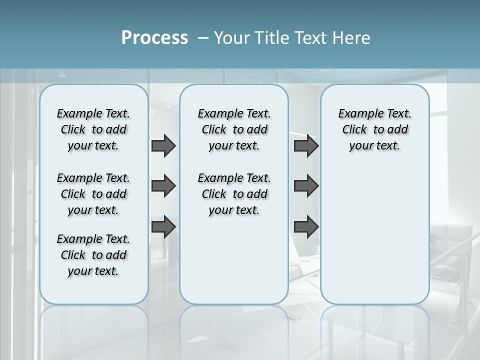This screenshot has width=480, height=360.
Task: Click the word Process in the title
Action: click(154, 37)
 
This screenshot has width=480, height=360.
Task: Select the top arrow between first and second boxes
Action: click(163, 145)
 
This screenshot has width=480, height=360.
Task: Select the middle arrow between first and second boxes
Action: click(163, 186)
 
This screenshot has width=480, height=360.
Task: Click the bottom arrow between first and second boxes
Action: click(163, 227)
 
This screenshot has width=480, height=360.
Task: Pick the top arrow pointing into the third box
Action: click(306, 145)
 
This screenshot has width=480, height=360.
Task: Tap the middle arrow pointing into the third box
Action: click(306, 186)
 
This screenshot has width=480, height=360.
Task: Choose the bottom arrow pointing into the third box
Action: click(306, 227)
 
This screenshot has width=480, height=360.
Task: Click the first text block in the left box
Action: click(93, 129)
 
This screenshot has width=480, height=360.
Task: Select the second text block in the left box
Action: click(93, 194)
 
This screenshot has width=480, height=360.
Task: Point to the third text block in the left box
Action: click(93, 255)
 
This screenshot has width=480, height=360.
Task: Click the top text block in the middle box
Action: click(234, 129)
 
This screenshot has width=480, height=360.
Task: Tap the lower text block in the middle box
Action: click(234, 194)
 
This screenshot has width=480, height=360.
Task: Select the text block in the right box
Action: click(374, 129)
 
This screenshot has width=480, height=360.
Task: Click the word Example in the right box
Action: click(357, 114)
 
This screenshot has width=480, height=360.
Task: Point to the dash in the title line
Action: click(203, 38)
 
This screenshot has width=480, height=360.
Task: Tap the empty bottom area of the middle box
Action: click(234, 265)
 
